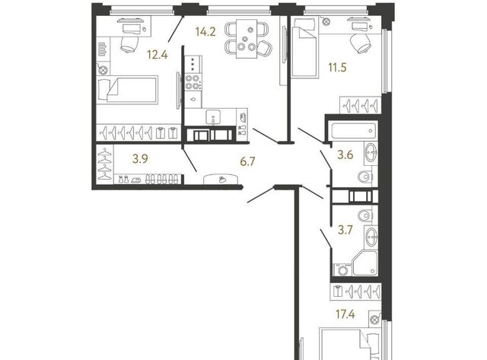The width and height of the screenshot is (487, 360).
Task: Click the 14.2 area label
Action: coord(205,32)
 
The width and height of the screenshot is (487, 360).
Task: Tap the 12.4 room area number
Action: coord(158,55)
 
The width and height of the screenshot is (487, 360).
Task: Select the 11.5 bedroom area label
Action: coord(338,67)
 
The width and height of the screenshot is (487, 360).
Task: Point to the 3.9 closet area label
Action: coord(140,159)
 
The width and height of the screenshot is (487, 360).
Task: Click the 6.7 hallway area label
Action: coord(247,161)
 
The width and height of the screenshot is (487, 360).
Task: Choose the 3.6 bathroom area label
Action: coord(345,155)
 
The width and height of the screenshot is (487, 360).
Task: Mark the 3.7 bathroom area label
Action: coord(345,230)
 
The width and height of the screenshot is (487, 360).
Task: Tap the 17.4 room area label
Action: coord(345,314)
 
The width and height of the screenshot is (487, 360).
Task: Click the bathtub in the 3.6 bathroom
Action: coord(354,131)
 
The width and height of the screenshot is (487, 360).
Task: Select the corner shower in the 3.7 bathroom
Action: coord(365,263)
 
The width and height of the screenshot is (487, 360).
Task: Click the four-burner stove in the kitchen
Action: coord(193,82)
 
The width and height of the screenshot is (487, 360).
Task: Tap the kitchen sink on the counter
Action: coord(213,117)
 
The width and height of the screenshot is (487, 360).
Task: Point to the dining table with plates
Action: coord(247,39)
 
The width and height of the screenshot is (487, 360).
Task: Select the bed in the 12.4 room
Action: coord(127,90)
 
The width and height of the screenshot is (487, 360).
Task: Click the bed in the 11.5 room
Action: coord(305,47)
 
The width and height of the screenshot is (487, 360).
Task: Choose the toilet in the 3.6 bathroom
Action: coord(365,177)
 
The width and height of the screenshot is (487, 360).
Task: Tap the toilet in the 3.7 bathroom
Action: coord(365,215)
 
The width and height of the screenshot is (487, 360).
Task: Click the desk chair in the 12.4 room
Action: coord(129,44)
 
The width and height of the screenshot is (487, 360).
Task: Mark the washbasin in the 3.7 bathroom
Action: coord(371,238)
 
